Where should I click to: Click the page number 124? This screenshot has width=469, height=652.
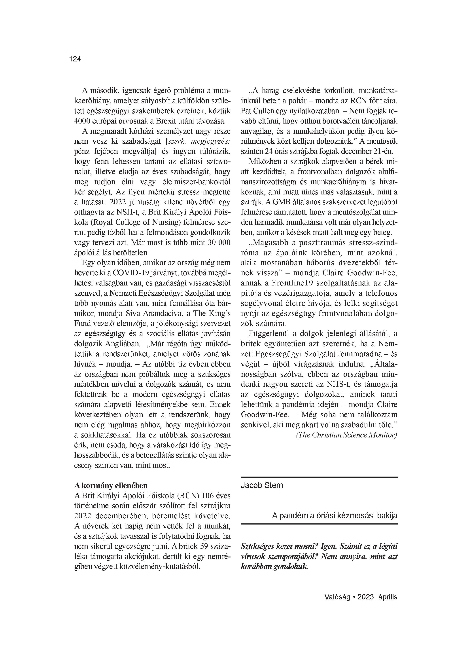coord(75,59)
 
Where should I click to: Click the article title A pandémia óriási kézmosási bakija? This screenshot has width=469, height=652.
coord(335,515)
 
